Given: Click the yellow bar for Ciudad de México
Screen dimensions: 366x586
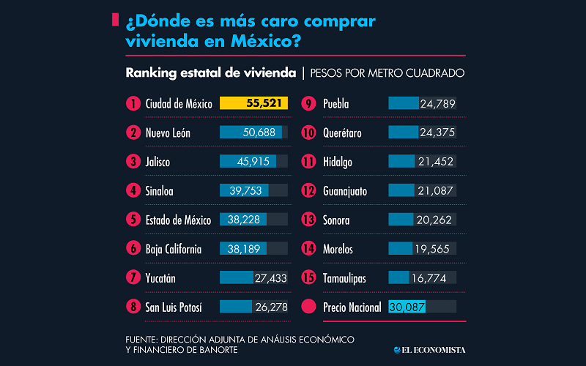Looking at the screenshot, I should tap(253, 103).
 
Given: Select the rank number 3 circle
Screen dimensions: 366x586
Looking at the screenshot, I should tap(133, 162).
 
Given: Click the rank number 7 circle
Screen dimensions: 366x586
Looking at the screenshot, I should tap(133, 278).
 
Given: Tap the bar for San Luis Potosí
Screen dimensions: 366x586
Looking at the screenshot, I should tap(236, 307).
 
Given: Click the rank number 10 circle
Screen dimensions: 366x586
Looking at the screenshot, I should tap(308, 132).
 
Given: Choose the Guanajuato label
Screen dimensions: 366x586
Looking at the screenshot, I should tap(345, 191).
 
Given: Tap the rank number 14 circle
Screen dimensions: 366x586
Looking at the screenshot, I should tap(308, 250).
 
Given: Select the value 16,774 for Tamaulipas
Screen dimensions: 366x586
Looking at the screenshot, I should tap(437, 278).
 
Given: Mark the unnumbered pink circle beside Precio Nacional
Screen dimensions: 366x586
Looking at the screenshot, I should tap(308, 307).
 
